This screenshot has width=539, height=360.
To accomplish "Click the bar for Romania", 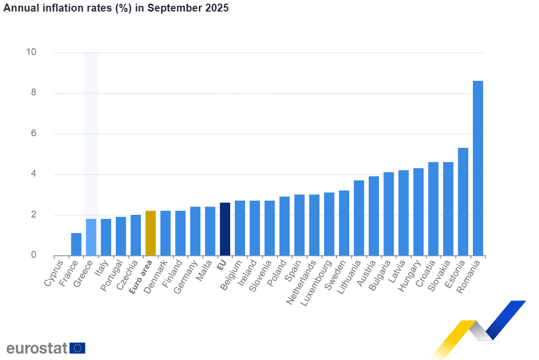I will (x=478, y=168).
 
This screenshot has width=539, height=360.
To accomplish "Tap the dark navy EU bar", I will (x=225, y=229).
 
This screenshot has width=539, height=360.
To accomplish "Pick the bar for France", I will (x=76, y=244).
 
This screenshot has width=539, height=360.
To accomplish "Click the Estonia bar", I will (x=463, y=202).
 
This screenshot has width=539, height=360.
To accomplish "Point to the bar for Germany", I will (x=195, y=231).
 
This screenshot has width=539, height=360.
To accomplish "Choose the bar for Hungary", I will (x=418, y=212).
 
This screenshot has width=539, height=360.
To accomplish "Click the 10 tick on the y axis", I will (x=31, y=52).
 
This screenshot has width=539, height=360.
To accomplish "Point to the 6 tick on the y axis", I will (x=34, y=134).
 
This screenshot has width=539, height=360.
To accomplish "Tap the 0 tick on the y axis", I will (x=34, y=255).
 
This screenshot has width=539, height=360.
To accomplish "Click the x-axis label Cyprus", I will (x=55, y=272).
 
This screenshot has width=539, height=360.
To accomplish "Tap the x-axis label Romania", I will (x=470, y=276).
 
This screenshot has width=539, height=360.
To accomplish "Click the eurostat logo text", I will (x=37, y=348).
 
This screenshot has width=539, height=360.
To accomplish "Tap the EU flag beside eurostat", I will (x=78, y=348).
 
